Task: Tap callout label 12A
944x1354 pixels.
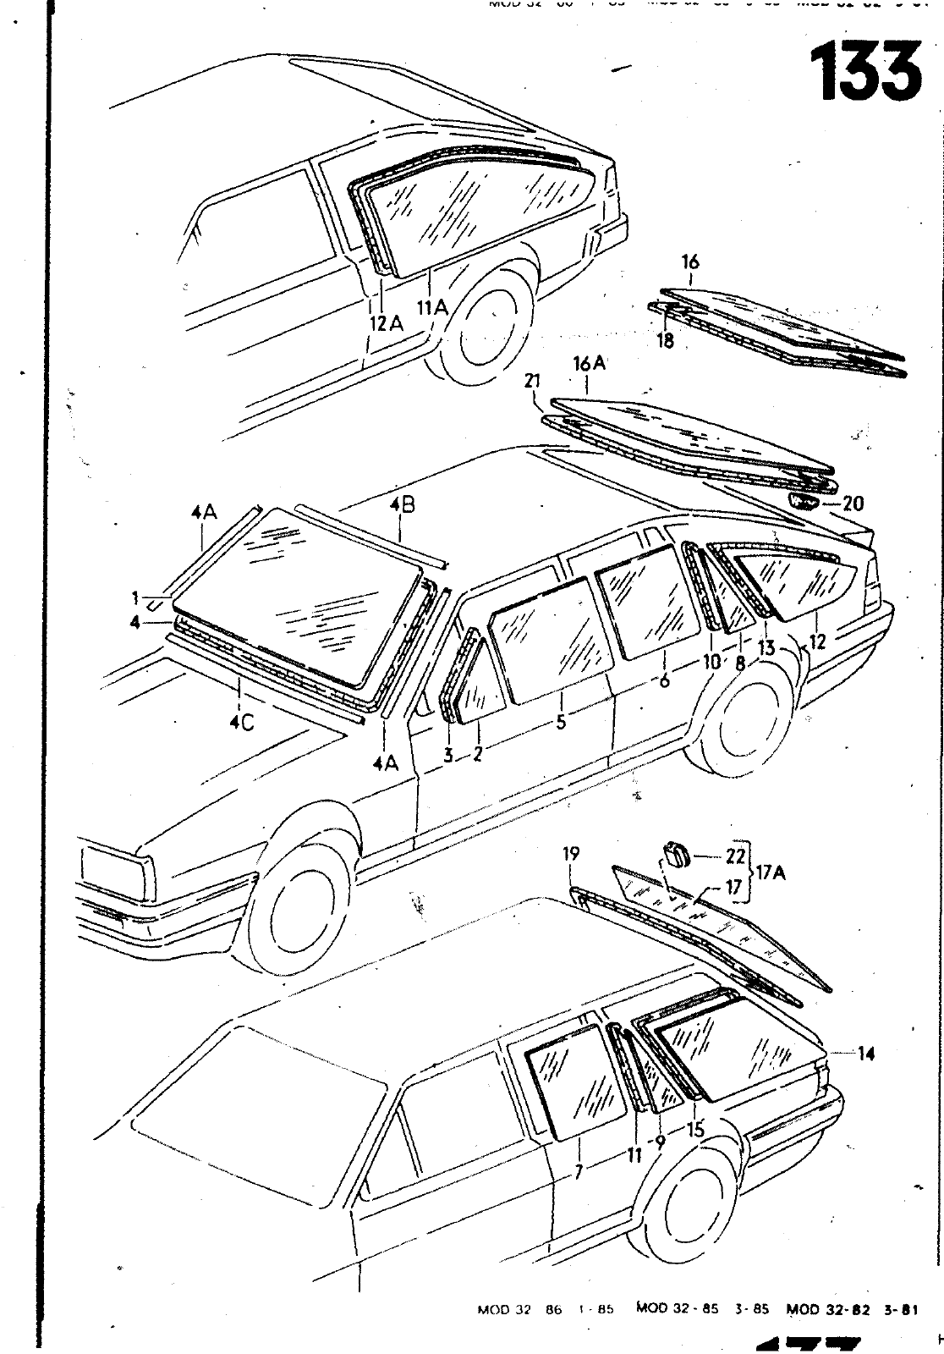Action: tap(385, 323)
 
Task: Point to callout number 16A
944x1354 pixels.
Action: tap(590, 364)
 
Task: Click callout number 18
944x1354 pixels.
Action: tap(666, 342)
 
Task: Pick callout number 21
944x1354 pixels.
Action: tap(531, 383)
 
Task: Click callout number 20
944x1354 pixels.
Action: tap(853, 504)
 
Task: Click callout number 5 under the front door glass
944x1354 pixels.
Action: tap(561, 724)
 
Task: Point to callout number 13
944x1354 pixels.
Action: tap(766, 648)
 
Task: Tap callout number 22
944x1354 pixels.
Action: tap(734, 856)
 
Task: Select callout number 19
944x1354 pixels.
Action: tap(571, 854)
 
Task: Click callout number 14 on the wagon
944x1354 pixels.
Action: tap(865, 1054)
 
